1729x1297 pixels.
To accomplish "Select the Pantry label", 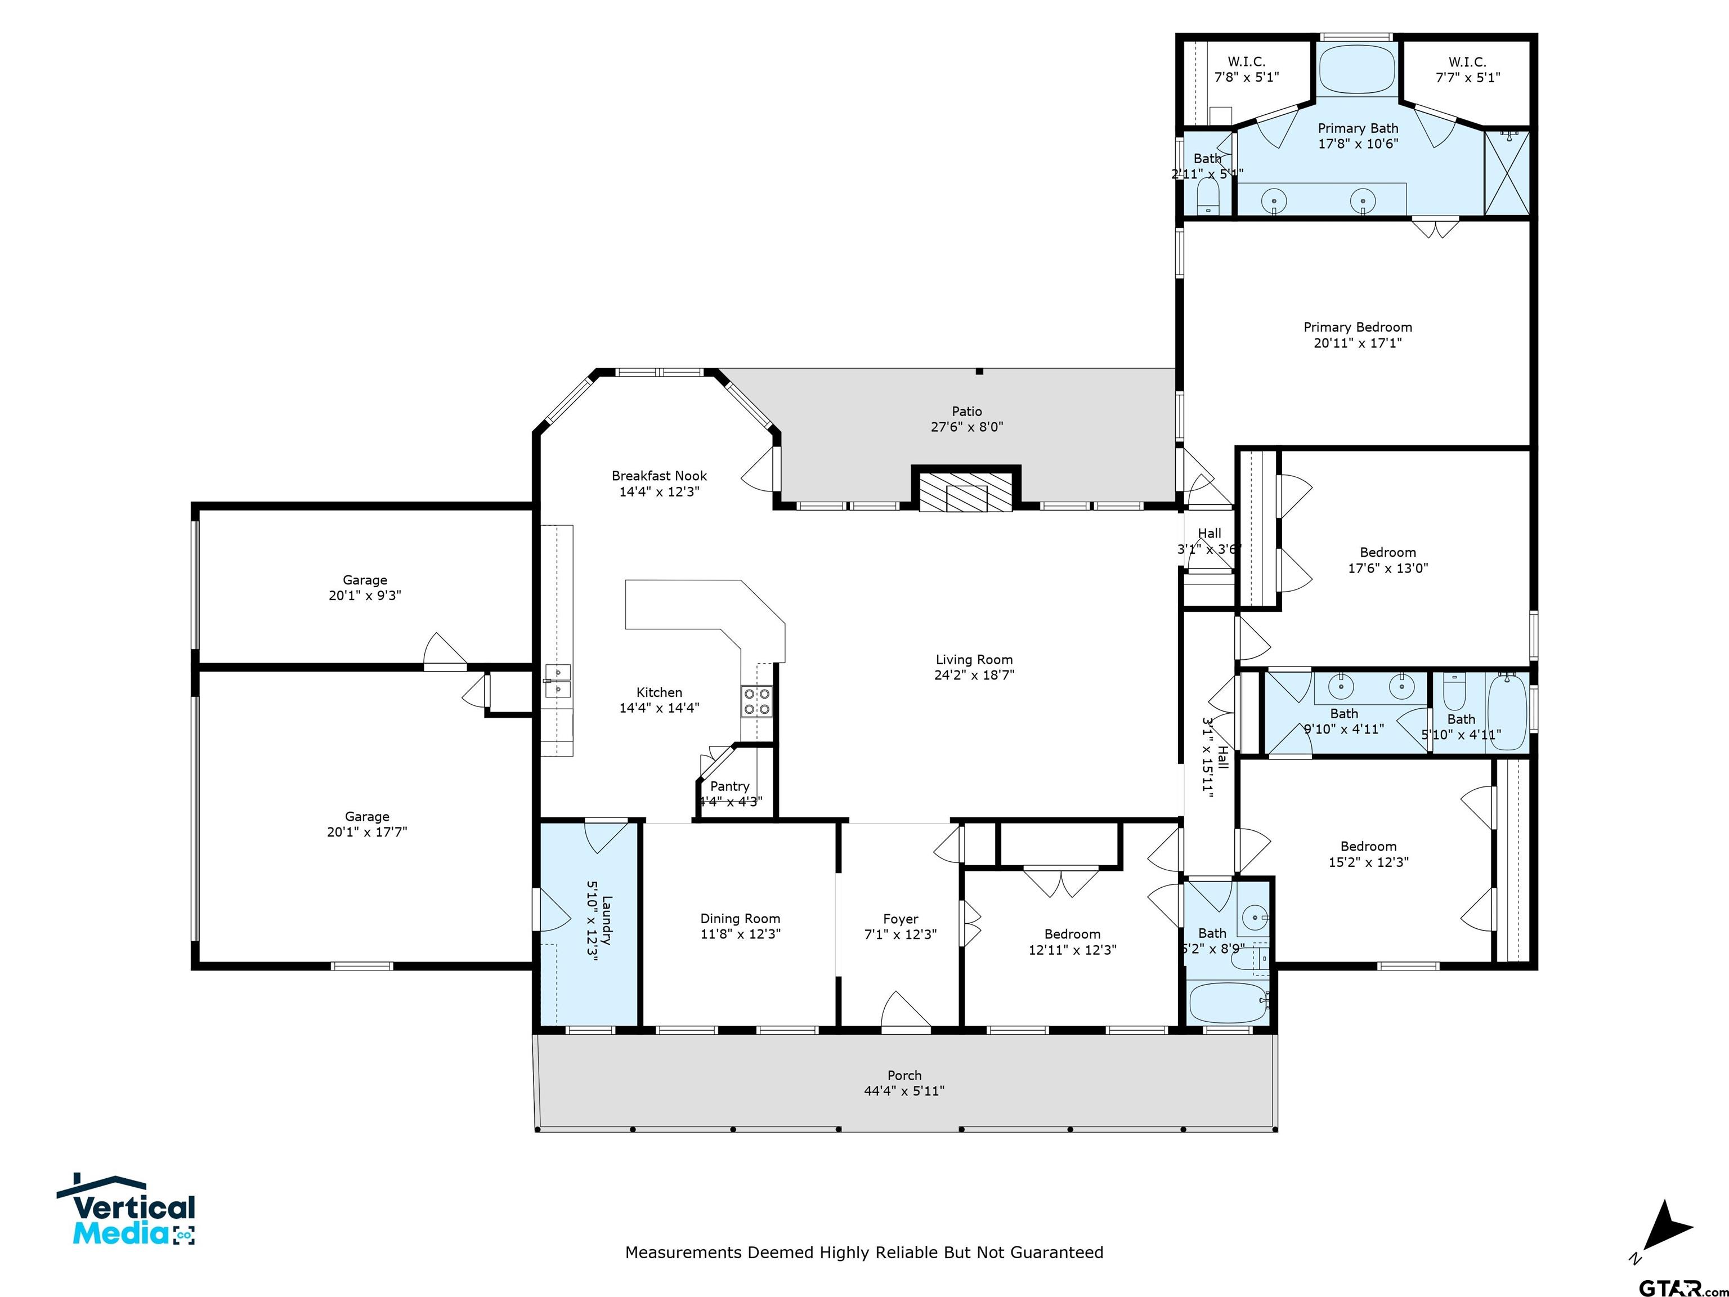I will (729, 786).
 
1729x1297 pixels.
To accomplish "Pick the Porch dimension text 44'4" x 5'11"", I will (904, 1090).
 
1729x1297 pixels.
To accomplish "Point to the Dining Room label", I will (740, 919).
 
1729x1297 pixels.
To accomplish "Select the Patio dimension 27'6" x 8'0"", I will (967, 427).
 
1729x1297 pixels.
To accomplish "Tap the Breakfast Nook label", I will (659, 475).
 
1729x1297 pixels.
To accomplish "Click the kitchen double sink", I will (558, 680).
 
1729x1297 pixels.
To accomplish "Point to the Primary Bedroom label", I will (1358, 327).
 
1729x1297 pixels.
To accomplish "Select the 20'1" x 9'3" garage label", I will (365, 596).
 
